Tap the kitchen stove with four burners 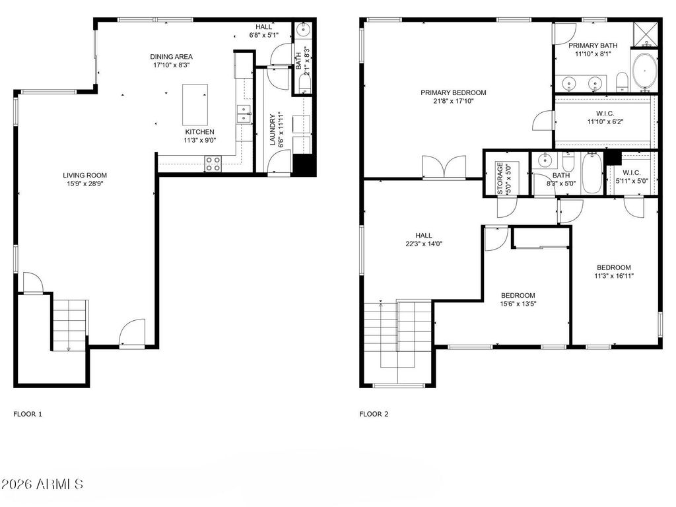click(213, 164)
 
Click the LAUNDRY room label click(273, 129)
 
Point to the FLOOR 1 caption click(28, 415)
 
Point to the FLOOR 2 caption click(374, 415)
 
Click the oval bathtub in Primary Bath click(644, 72)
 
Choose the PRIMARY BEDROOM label click(454, 92)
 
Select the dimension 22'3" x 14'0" click(423, 244)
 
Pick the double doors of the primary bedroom click(444, 168)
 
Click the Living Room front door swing click(132, 332)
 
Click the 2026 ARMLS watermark click(42, 485)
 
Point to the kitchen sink click(244, 114)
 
